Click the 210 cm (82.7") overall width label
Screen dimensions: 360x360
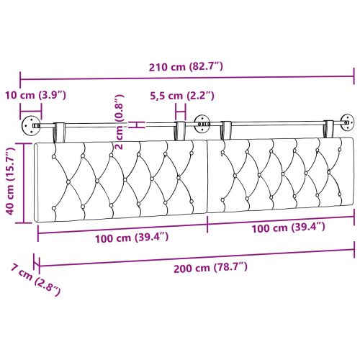186,67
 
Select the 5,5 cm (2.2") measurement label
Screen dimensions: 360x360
181,95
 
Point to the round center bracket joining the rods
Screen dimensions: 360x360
202,124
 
